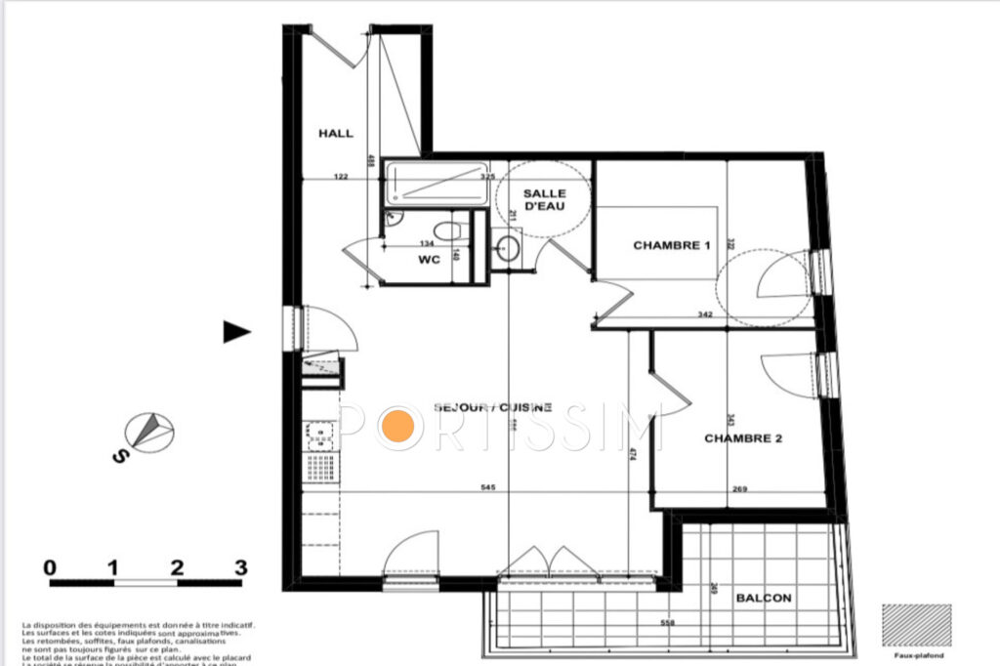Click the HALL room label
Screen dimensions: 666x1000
[x=336, y=134]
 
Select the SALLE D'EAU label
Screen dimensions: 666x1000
[x=544, y=200]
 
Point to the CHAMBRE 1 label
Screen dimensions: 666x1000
[x=672, y=245]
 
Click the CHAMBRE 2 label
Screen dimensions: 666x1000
[x=743, y=438]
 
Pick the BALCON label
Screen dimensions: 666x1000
[x=764, y=598]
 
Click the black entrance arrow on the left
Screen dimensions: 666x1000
[x=236, y=332]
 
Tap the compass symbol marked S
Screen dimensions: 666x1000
[x=149, y=432]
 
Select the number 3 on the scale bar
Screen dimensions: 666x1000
[x=240, y=567]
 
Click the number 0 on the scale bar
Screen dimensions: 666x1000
[x=50, y=567]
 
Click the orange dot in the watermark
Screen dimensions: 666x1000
[x=397, y=428]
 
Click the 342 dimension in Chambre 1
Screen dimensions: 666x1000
[x=705, y=315]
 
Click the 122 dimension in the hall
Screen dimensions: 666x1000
[x=341, y=177]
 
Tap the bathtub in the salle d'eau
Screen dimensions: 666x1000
[x=436, y=184]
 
